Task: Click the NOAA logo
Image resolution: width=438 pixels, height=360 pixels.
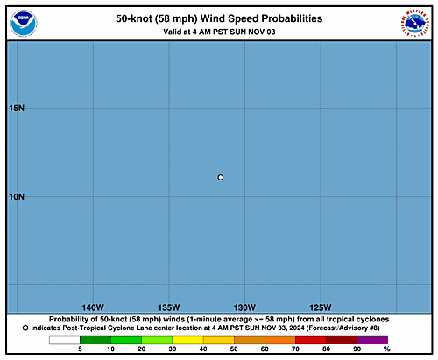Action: pos(24,24)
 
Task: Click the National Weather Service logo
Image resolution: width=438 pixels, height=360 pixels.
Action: pos(415,24)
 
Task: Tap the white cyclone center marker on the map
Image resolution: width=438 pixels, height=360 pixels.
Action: pos(221,177)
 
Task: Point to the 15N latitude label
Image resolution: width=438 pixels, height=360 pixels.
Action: pos(17,108)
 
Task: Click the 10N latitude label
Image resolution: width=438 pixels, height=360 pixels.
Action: pos(17,197)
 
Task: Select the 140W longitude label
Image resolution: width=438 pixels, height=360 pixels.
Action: pos(93,307)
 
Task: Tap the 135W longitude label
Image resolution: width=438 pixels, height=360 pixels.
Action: pos(169,307)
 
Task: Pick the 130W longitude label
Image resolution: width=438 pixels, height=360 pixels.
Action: pos(244,307)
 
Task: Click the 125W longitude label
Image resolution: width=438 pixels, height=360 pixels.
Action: pos(321,307)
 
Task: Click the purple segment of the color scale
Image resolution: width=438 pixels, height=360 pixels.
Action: pos(372,340)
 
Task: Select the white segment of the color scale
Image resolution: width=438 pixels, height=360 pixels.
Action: pos(65,340)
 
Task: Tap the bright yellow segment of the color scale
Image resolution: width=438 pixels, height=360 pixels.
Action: pos(187,340)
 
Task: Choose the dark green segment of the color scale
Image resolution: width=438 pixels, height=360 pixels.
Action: pos(95,340)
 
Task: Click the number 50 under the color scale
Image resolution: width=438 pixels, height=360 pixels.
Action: pos(234,349)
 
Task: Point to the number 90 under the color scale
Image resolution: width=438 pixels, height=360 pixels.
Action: pos(357,349)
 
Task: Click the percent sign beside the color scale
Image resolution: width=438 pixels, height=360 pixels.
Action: pos(387,349)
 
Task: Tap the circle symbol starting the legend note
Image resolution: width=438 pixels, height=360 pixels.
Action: pos(25,328)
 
